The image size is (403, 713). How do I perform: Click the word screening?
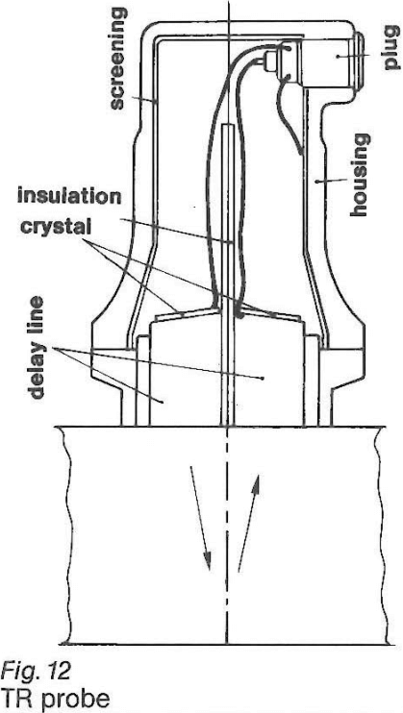[x=117, y=59]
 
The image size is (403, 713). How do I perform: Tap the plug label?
[x=390, y=51]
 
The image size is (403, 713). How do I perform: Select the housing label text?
[x=360, y=175]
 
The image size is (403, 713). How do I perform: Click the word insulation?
[x=69, y=197]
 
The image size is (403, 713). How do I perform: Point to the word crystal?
[x=53, y=226]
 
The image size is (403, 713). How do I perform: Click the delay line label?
[x=38, y=348]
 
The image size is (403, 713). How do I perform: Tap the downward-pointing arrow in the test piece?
[x=200, y=518]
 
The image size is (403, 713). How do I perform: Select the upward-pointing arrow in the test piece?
[x=249, y=524]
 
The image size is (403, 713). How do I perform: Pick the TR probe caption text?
[x=55, y=700]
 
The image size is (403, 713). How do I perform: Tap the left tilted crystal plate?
[x=186, y=314]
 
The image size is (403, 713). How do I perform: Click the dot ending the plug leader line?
[x=338, y=56]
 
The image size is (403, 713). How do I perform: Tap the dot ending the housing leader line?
[x=316, y=182]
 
